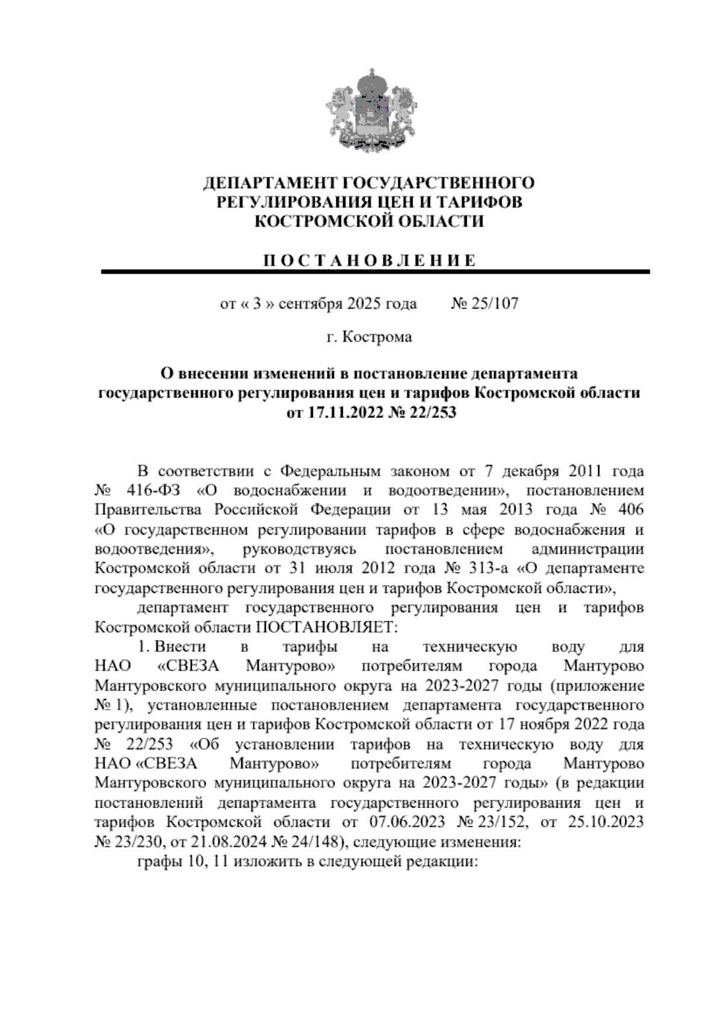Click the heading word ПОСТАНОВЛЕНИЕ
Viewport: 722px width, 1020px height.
(369, 260)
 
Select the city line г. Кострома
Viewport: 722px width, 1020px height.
(369, 337)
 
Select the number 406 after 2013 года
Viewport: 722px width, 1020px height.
(630, 510)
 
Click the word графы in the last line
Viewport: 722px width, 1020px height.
(158, 861)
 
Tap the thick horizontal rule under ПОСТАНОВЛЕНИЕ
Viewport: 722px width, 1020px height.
(375, 272)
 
